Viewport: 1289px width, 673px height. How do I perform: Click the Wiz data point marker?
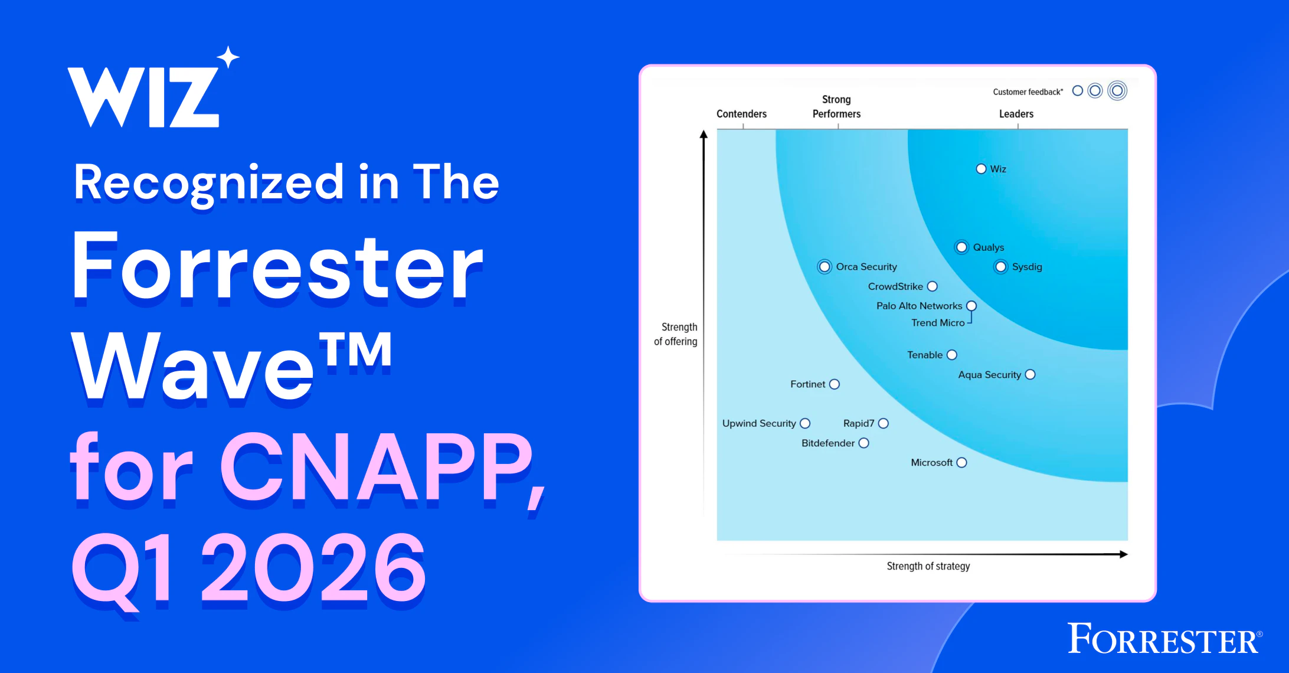tap(981, 169)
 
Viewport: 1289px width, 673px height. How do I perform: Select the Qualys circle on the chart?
tap(961, 247)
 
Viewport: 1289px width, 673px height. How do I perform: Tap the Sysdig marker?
tap(1001, 267)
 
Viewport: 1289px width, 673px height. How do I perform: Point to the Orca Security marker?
tap(825, 267)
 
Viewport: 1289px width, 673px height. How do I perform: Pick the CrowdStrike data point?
tap(933, 286)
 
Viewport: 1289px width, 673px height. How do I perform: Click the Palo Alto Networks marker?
tap(971, 306)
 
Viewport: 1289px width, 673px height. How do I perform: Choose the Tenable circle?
tap(952, 355)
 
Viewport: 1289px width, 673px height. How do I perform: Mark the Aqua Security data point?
tap(1030, 374)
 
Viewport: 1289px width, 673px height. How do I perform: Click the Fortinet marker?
tap(835, 384)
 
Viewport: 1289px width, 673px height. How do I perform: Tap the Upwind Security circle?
tap(805, 423)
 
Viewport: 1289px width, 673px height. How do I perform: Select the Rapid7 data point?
tap(884, 423)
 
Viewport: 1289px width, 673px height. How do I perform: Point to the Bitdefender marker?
tap(864, 443)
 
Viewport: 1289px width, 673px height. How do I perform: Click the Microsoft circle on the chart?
tap(962, 462)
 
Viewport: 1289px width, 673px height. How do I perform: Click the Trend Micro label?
tap(938, 323)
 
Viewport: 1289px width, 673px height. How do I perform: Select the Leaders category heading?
tap(1016, 114)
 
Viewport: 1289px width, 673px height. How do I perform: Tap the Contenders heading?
tap(741, 114)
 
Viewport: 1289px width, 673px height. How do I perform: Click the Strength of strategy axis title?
tap(928, 566)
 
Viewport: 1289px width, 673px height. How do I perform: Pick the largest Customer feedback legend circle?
tap(1117, 91)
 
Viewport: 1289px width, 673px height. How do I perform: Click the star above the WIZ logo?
tap(228, 57)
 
